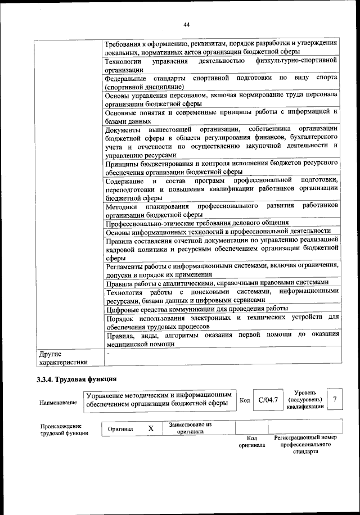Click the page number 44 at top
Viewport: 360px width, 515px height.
click(x=186, y=24)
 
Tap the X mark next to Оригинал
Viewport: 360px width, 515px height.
click(x=150, y=428)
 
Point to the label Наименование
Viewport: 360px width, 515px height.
click(x=58, y=403)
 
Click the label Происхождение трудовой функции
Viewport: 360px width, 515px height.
click(x=64, y=429)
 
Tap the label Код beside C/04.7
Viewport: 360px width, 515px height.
click(x=245, y=400)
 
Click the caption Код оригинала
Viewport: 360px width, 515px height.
click(x=252, y=441)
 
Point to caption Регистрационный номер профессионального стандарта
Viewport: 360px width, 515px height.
click(x=305, y=444)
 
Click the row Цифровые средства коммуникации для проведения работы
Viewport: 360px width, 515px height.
click(x=197, y=308)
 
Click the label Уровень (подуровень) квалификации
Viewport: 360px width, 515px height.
click(x=305, y=399)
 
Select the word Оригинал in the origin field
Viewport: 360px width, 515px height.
click(x=120, y=429)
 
